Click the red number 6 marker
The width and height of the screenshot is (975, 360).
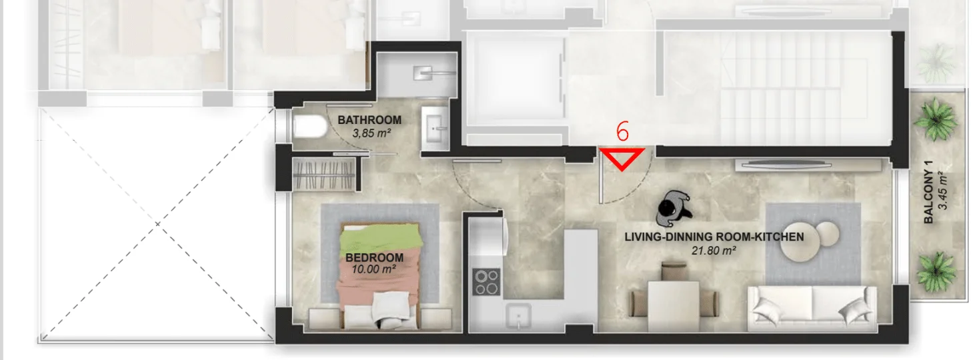point(623,131)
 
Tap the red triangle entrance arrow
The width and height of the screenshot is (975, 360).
point(622,157)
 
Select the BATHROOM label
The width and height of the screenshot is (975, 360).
point(369,120)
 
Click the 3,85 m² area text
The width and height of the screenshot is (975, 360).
point(371,133)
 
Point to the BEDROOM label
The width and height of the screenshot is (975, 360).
point(374,258)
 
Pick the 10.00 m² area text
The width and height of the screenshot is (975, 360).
point(373,269)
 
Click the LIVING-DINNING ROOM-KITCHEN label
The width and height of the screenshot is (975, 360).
point(714,237)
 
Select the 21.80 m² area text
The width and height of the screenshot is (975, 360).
point(714,251)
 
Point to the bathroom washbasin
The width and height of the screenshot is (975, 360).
point(435,129)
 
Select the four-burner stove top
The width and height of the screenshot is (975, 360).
point(487,282)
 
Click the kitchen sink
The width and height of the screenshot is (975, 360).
point(518,315)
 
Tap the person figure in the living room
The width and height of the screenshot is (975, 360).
point(674,209)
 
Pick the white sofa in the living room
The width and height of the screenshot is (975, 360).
point(812,308)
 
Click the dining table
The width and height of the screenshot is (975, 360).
point(674,306)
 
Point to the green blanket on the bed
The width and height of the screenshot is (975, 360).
point(381,238)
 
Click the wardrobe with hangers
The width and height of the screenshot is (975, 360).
point(324,175)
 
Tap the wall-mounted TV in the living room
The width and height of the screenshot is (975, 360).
point(784,165)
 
